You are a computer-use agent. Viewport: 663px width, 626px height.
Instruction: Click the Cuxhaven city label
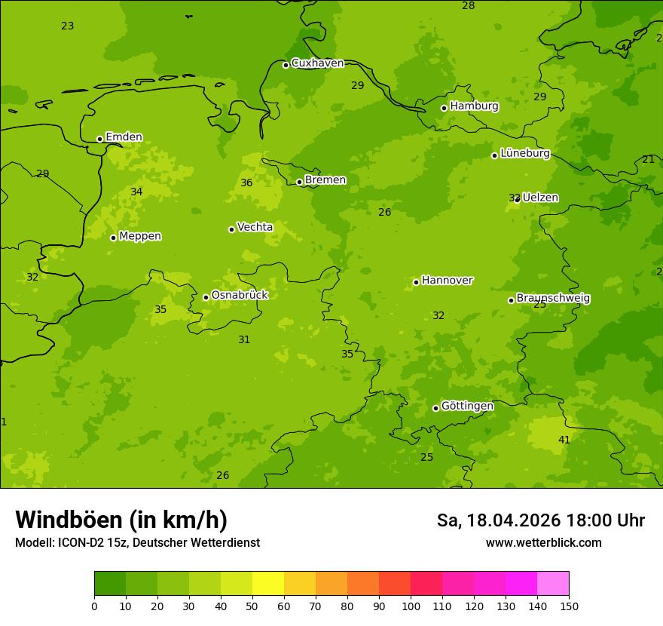pyautogui.click(x=317, y=63)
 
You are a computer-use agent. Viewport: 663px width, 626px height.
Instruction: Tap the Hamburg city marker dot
pyautogui.click(x=445, y=108)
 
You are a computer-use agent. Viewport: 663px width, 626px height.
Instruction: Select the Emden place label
pyautogui.click(x=124, y=137)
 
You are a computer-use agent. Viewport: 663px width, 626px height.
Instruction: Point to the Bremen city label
pyautogui.click(x=325, y=180)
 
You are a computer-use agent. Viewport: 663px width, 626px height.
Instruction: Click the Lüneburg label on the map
pyautogui.click(x=525, y=153)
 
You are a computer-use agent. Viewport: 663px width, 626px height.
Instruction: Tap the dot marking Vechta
pyautogui.click(x=231, y=229)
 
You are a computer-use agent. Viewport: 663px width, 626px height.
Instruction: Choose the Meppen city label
pyautogui.click(x=140, y=236)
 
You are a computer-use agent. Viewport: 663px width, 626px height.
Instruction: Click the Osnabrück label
pyautogui.click(x=240, y=295)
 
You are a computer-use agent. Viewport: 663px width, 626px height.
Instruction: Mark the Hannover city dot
pyautogui.click(x=416, y=282)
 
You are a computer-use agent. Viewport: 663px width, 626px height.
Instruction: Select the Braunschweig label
pyautogui.click(x=553, y=299)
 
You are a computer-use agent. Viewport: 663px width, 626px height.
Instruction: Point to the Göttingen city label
pyautogui.click(x=467, y=407)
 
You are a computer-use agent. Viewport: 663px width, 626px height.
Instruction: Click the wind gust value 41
pyautogui.click(x=564, y=440)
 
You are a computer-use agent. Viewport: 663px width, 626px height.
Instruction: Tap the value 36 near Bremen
pyautogui.click(x=246, y=183)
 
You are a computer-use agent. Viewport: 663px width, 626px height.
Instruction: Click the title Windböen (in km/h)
pyautogui.click(x=121, y=520)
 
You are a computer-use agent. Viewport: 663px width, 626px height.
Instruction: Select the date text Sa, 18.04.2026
pyautogui.click(x=498, y=520)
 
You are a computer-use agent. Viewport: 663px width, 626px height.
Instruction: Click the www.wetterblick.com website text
pyautogui.click(x=543, y=543)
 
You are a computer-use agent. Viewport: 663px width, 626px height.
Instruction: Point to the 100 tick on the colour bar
pyautogui.click(x=411, y=606)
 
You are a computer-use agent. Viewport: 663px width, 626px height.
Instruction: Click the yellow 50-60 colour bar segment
pyautogui.click(x=268, y=584)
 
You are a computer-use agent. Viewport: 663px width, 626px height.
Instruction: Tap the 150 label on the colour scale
pyautogui.click(x=569, y=606)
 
